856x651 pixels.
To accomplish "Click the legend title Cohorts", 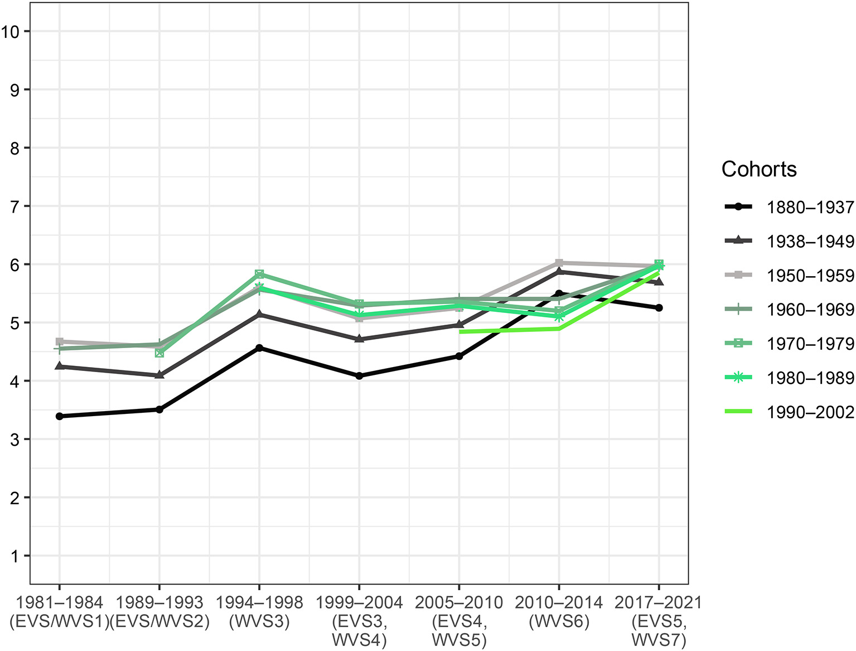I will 758,169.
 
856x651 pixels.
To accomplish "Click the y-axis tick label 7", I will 14,206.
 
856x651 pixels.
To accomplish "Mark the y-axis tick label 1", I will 14,556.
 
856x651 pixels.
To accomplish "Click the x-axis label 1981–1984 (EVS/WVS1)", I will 59,612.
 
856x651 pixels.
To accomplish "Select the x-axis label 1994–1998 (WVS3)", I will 259,612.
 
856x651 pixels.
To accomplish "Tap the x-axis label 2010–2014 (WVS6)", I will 559,612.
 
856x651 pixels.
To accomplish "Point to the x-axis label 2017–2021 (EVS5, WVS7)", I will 659,621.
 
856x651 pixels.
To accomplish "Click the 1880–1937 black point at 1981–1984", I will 59,416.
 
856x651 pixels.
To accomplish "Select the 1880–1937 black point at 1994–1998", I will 259,348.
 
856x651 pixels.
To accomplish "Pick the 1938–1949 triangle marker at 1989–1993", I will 159,375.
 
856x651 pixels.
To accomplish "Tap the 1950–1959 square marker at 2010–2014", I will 559,263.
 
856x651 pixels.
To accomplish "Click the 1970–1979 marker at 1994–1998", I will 259,274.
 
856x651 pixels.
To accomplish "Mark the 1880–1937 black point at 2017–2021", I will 659,308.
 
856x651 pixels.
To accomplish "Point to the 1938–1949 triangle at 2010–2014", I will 559,272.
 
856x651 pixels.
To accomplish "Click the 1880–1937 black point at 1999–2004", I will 359,376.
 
